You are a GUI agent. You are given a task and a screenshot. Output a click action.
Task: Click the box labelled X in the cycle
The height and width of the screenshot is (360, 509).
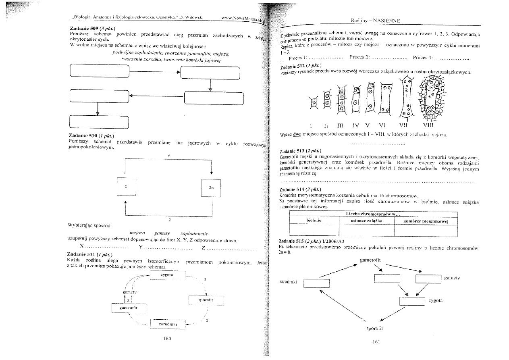(126, 187)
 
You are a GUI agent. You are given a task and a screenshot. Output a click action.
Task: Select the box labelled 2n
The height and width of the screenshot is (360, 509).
(211, 187)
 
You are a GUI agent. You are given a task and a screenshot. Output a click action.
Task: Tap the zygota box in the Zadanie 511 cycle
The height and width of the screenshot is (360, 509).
(167, 275)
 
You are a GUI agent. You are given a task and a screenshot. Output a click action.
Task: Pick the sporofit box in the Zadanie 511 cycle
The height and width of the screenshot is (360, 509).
(206, 300)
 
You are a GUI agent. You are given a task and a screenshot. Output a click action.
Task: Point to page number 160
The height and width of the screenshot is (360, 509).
(168, 338)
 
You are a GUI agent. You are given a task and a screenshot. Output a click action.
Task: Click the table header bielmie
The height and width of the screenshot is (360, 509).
(314, 221)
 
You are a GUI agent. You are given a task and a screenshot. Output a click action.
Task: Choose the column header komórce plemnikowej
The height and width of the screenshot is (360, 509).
(426, 221)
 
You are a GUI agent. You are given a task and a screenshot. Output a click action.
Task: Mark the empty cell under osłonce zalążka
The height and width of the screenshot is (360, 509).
(366, 230)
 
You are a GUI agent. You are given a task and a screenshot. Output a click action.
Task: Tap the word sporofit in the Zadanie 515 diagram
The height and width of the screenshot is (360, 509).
(374, 328)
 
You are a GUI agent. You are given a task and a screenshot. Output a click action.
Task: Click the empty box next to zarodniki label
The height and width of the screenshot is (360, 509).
(317, 283)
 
